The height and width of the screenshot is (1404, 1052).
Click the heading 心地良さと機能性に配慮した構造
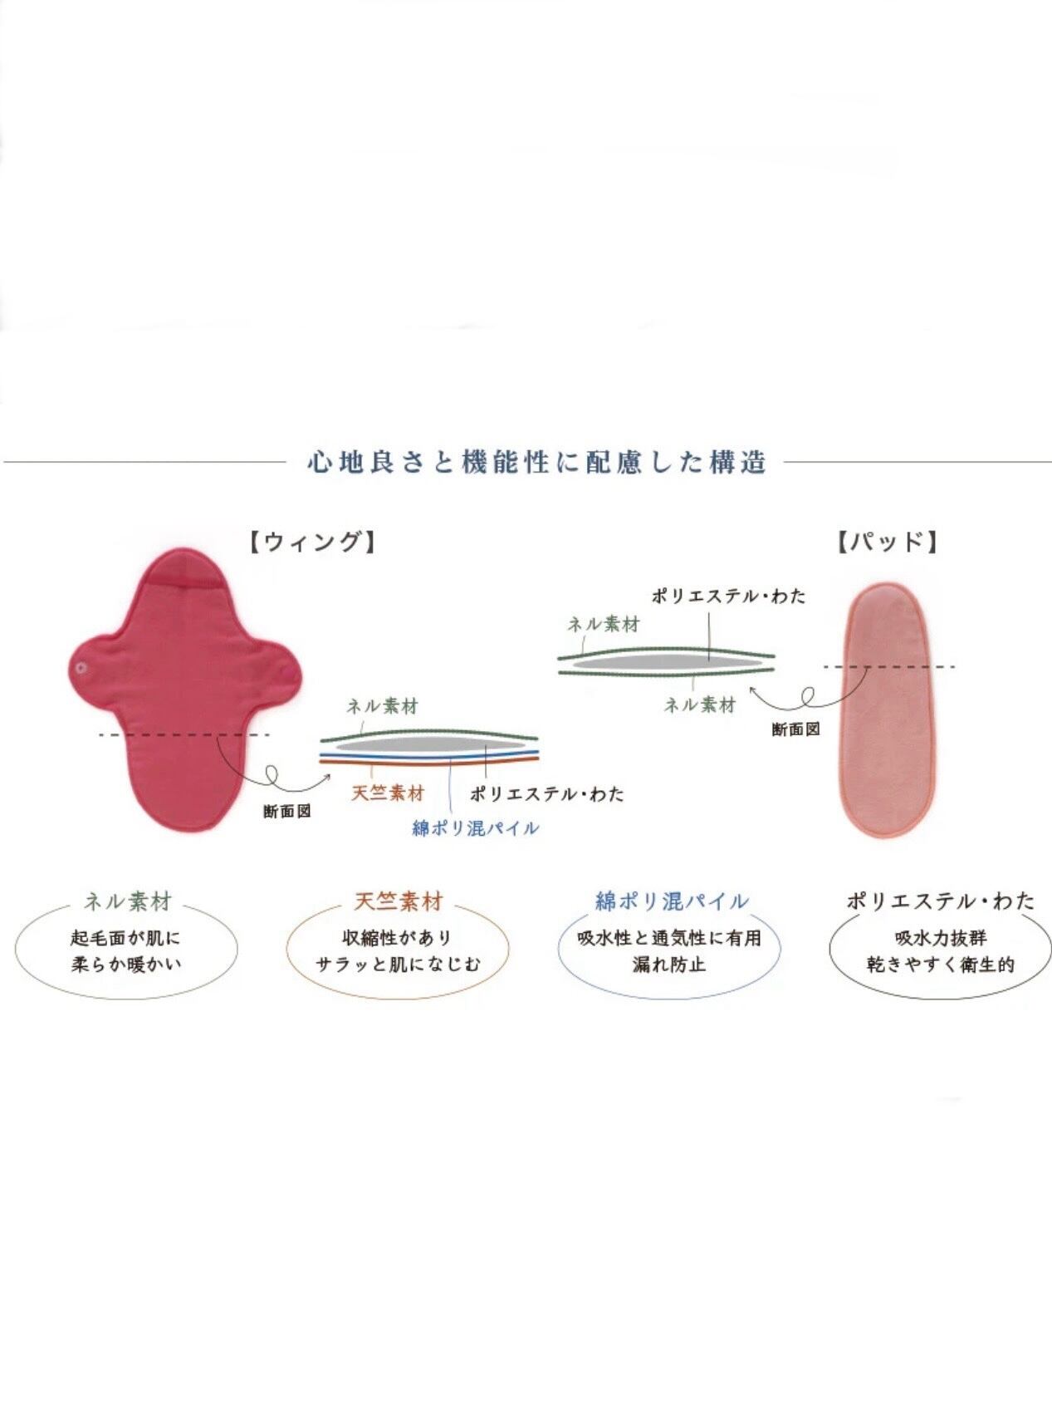click(536, 462)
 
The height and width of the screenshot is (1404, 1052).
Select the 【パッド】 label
click(888, 542)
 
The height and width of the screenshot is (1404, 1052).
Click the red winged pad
click(183, 690)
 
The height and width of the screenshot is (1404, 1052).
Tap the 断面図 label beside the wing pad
click(286, 812)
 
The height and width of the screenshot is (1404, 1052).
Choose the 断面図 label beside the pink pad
click(795, 729)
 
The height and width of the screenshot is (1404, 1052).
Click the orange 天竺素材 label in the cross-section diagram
click(388, 793)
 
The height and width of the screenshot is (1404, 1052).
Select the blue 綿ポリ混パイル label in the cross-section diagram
click(476, 828)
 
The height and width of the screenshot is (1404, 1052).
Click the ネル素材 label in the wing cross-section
click(382, 707)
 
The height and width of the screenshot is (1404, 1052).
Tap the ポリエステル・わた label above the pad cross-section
click(728, 596)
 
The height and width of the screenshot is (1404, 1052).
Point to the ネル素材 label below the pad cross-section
click(700, 705)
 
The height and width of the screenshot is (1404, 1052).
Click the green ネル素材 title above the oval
click(128, 901)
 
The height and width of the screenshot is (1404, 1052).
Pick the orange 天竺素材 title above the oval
click(399, 901)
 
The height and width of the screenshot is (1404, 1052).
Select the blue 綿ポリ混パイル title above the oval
click(672, 901)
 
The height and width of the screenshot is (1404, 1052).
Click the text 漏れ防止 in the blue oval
click(669, 965)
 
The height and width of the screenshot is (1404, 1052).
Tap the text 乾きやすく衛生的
click(942, 965)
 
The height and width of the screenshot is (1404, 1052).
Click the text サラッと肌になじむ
click(398, 965)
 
